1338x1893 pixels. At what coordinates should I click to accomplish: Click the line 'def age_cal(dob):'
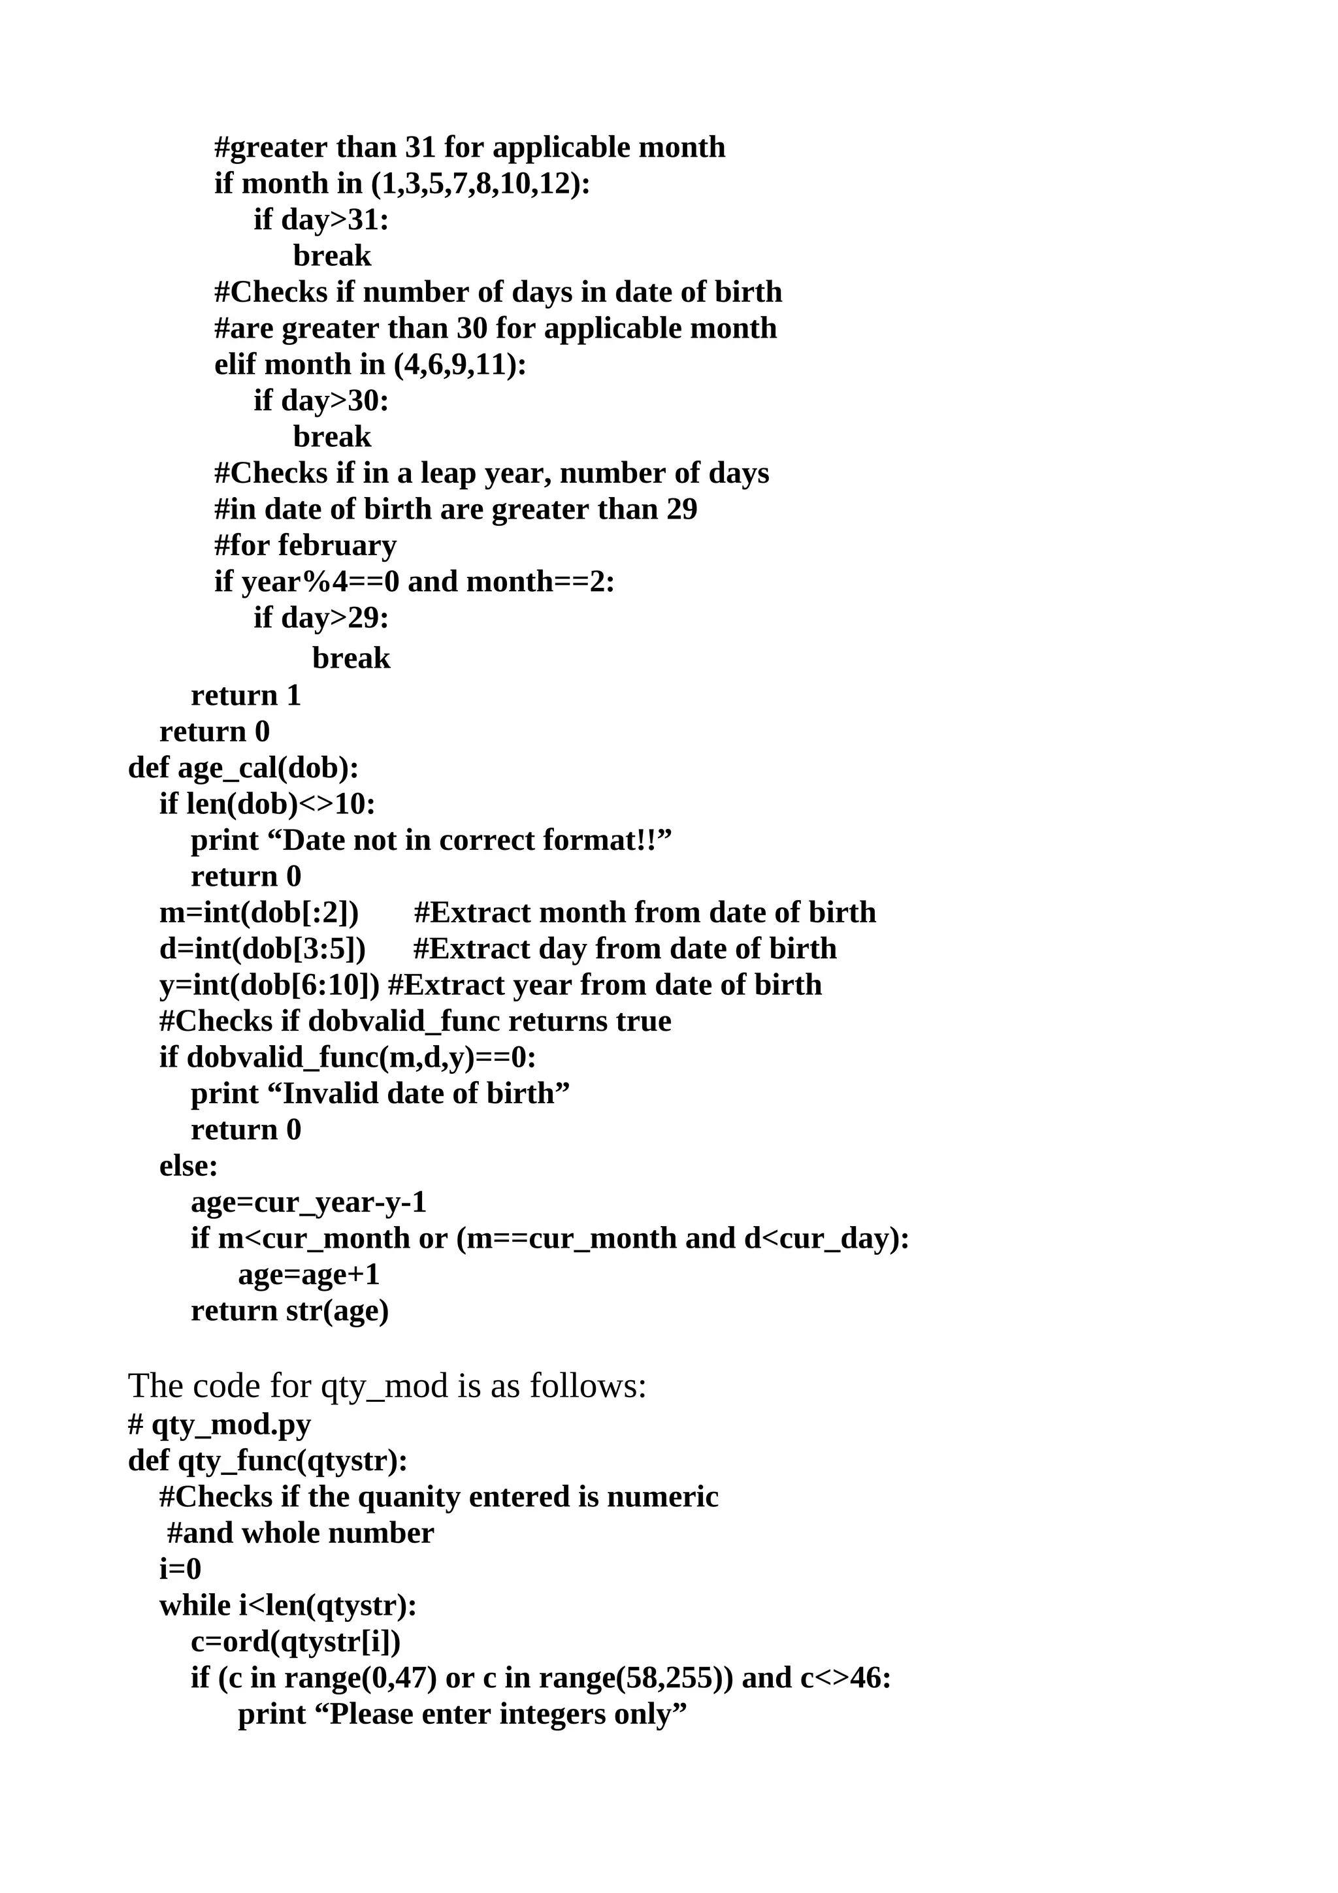coord(243,768)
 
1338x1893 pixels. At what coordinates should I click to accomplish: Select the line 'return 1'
coord(246,696)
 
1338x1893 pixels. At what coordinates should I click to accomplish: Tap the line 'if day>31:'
coord(321,219)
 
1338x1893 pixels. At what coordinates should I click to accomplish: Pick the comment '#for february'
coord(305,546)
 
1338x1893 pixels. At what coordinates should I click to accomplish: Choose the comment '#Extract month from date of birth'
coord(644,913)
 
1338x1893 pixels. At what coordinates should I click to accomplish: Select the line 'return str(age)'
coord(289,1311)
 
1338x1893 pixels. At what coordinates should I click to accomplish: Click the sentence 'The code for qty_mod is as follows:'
coord(387,1386)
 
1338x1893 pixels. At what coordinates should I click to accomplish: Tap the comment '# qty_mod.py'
coord(220,1424)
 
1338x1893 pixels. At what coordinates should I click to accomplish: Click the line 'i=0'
coord(180,1569)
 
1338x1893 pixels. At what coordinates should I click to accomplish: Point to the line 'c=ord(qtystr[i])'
coord(295,1642)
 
